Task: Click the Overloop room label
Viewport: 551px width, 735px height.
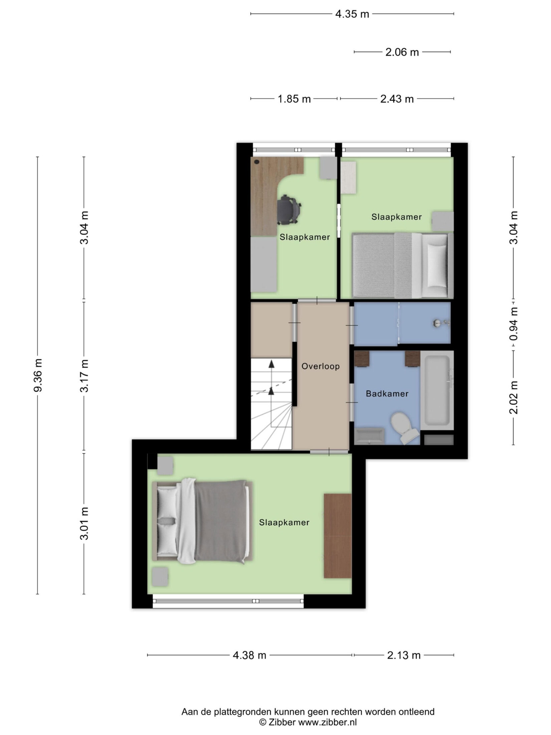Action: click(321, 366)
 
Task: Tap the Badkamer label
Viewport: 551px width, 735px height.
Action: click(387, 394)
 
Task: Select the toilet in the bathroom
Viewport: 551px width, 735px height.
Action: click(404, 427)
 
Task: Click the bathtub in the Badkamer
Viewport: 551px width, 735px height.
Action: click(437, 390)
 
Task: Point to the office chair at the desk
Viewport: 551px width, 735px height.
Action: click(289, 210)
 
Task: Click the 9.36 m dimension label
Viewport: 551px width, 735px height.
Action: click(38, 375)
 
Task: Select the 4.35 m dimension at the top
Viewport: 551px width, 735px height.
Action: click(352, 14)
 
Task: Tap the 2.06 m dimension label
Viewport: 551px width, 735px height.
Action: click(402, 52)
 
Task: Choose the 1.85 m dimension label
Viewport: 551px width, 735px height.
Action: click(294, 99)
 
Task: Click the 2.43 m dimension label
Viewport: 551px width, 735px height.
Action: click(397, 99)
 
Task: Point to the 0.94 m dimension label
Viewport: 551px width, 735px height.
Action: click(514, 324)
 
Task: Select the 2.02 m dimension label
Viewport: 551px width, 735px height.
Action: click(514, 398)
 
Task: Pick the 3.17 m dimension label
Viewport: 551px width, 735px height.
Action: click(84, 376)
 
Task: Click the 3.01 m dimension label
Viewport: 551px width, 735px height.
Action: click(84, 524)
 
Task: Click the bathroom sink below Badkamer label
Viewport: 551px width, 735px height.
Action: click(369, 436)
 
